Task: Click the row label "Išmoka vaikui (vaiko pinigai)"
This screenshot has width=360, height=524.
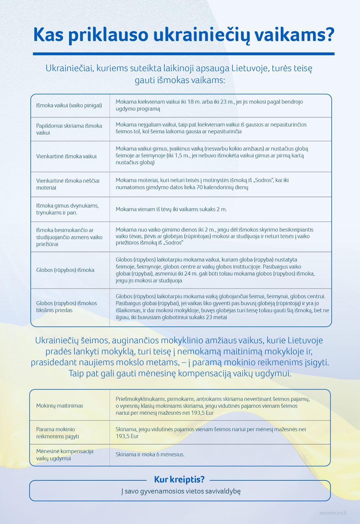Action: (x=69, y=106)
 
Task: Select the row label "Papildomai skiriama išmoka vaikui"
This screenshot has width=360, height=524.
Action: (x=69, y=129)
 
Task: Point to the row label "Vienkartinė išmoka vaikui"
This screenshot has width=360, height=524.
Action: (x=66, y=156)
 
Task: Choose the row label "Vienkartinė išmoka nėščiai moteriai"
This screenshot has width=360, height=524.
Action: (x=68, y=184)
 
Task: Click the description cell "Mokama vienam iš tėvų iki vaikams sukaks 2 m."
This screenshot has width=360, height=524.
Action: (x=171, y=209)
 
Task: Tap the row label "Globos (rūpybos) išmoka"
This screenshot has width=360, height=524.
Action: (x=65, y=270)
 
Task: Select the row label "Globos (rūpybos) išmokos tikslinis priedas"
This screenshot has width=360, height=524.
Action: (x=67, y=307)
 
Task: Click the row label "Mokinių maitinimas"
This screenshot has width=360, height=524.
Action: (x=60, y=405)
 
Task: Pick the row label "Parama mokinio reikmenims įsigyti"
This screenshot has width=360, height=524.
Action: (x=58, y=433)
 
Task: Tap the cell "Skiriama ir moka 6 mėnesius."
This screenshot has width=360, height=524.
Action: (x=150, y=454)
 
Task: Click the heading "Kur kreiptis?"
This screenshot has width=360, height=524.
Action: (x=179, y=479)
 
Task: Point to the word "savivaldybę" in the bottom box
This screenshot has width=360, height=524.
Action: (x=221, y=491)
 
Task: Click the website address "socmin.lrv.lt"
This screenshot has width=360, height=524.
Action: (x=333, y=513)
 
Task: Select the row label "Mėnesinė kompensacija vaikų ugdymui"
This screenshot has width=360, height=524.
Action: (x=65, y=455)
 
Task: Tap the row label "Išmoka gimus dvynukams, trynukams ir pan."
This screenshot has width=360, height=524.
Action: (x=67, y=209)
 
